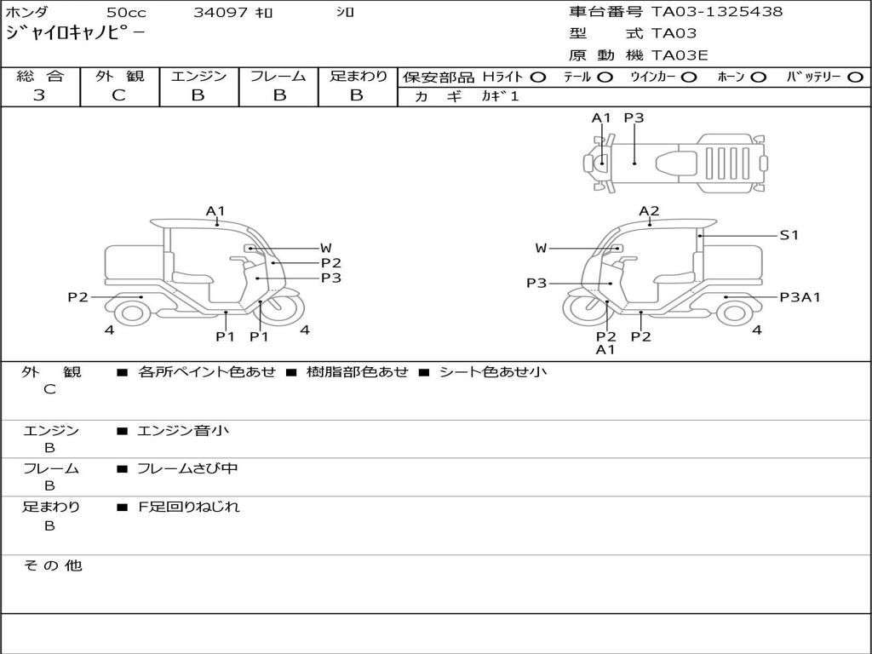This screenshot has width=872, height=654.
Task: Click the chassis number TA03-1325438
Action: (x=717, y=11)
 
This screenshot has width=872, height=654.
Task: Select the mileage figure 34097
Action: (x=221, y=12)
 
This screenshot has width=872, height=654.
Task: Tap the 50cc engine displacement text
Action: (x=126, y=12)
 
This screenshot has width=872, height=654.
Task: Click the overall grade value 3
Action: (x=39, y=95)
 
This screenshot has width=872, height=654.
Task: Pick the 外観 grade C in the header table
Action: (x=119, y=95)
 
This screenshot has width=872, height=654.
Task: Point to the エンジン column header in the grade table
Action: (x=198, y=76)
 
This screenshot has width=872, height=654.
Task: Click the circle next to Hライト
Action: (x=538, y=77)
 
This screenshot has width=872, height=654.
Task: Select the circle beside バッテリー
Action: (x=855, y=77)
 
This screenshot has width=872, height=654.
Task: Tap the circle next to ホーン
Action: (x=758, y=77)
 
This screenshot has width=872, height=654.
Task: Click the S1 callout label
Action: (x=789, y=235)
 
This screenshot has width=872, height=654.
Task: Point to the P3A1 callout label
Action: (x=800, y=297)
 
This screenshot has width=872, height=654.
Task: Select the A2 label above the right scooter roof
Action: (x=649, y=211)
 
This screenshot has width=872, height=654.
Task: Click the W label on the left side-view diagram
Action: (x=326, y=249)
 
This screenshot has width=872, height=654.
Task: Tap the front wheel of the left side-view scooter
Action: (x=283, y=307)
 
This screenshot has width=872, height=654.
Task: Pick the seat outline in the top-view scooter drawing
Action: (x=675, y=163)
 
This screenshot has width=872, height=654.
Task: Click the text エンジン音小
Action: (x=182, y=430)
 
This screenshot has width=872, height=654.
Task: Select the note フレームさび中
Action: (x=187, y=469)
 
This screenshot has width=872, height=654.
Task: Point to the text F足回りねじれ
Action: (x=189, y=507)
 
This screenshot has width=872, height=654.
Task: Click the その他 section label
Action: (x=53, y=565)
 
